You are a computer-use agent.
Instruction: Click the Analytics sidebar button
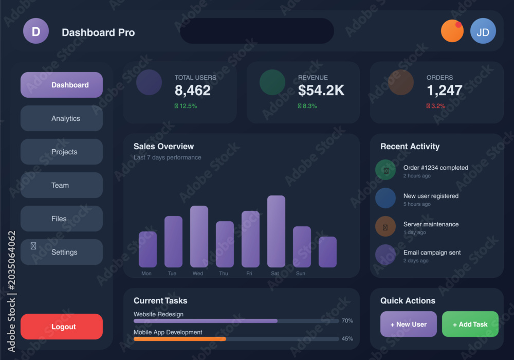[62, 118]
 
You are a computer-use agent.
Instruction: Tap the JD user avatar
[483, 31]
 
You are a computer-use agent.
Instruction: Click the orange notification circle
[452, 31]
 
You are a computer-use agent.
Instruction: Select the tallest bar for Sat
[276, 231]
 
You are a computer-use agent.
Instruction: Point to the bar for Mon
[148, 249]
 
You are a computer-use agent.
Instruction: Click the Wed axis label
[198, 274]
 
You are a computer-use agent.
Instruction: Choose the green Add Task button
[470, 324]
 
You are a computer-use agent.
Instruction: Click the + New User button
[409, 324]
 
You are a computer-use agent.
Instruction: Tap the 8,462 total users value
[192, 91]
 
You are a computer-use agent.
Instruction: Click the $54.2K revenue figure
[321, 91]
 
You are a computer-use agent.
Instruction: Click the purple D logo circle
[36, 31]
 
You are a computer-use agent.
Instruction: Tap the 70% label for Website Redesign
[347, 320]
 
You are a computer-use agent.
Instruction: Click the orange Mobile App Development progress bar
[179, 339]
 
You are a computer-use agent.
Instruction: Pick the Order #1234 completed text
[436, 168]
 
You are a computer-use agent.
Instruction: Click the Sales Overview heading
[163, 146]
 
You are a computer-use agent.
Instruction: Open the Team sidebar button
[62, 185]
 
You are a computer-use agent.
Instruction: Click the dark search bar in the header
[257, 31]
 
